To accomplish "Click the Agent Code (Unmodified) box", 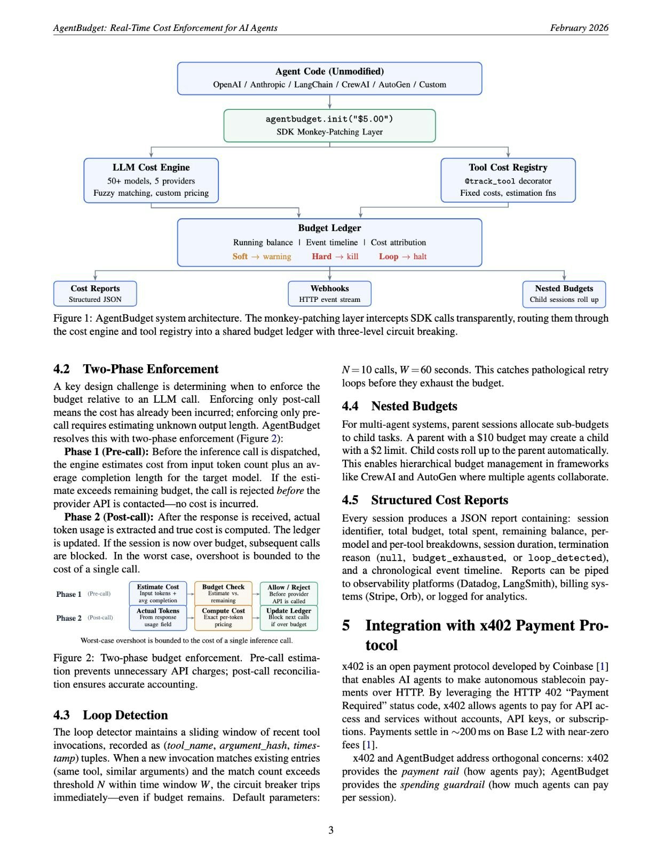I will [329, 78].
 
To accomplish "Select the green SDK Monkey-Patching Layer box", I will [329, 125].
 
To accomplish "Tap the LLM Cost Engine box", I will [151, 180].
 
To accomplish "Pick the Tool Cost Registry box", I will [508, 180].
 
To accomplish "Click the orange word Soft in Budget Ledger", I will [240, 257].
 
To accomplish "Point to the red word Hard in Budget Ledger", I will [322, 257].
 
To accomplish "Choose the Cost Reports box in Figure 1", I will [95, 294].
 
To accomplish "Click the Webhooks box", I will [329, 294].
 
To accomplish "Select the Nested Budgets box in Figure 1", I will [564, 294].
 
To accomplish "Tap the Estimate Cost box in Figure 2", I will [158, 593].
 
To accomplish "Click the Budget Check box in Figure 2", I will [223, 593].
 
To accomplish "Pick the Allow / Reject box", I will [289, 593].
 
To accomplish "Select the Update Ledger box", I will [289, 617].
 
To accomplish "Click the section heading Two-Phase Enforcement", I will [151, 369].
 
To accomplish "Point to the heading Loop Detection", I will [125, 715].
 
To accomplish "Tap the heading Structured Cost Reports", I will [439, 500].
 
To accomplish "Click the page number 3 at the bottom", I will [331, 830].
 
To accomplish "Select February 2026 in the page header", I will [579, 28].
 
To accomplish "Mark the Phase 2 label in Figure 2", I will [69, 618].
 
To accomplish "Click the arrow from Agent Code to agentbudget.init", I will [330, 102].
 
